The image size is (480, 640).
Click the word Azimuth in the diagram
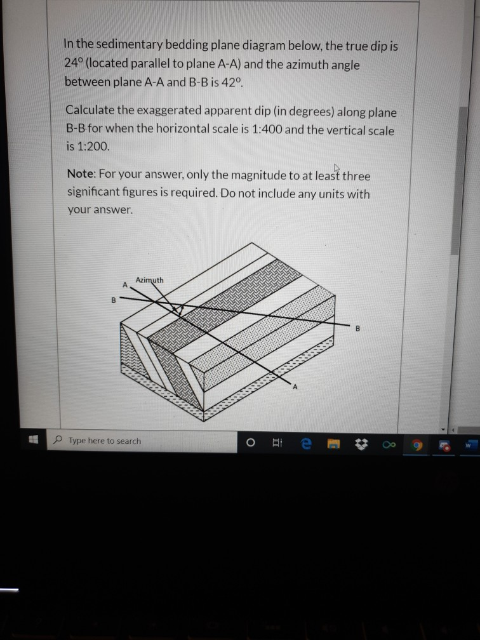click(x=150, y=280)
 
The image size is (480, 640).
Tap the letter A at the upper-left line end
click(x=126, y=284)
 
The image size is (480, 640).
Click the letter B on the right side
click(x=357, y=329)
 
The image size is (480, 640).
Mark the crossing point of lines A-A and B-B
click(x=173, y=307)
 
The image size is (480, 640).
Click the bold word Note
click(x=81, y=175)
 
